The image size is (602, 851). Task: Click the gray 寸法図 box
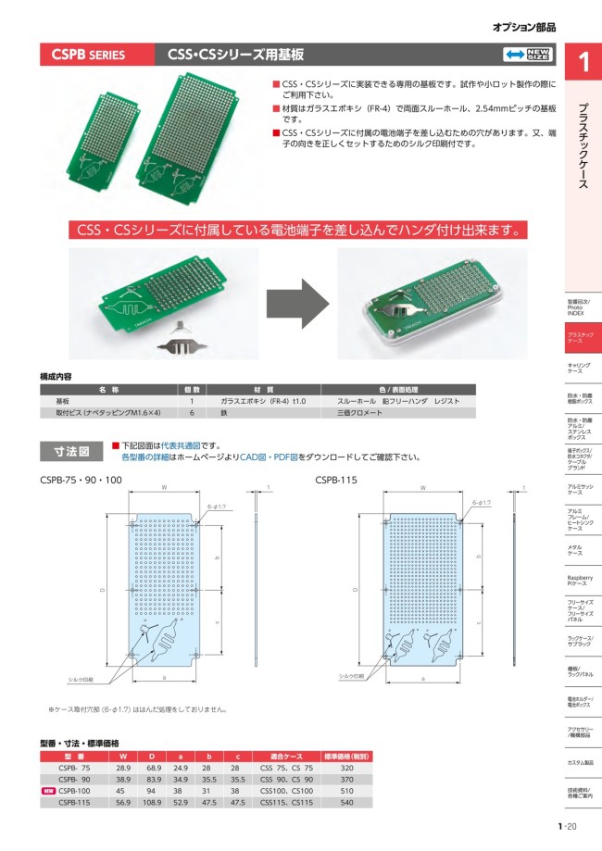70,451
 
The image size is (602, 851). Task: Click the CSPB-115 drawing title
336,480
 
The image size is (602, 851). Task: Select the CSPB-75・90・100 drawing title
81,480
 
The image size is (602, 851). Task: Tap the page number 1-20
567,827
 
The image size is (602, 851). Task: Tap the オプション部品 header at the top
524,28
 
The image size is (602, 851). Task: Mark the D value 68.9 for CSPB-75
154,769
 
